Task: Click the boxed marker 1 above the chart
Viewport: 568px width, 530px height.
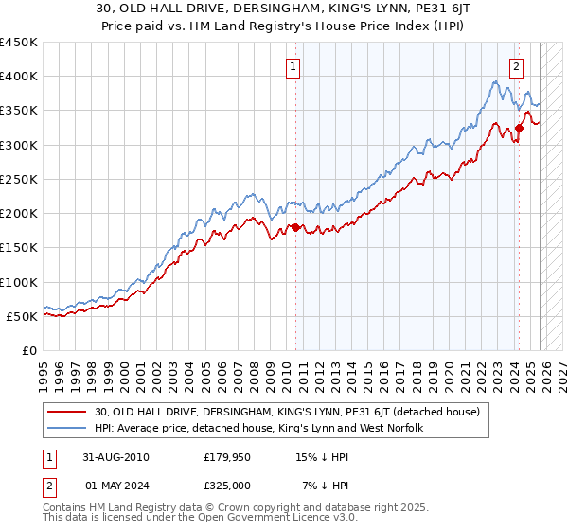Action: [x=293, y=67]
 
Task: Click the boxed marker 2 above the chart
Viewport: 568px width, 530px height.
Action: [x=517, y=67]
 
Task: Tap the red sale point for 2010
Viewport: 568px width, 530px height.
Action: [x=295, y=227]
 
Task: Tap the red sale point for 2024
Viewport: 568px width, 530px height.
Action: [x=520, y=129]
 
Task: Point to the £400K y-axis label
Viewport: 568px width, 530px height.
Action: [x=18, y=77]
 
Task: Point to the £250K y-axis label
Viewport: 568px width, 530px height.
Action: [x=18, y=179]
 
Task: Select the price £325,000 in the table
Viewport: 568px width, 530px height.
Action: [x=227, y=486]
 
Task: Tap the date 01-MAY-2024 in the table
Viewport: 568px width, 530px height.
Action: [x=115, y=486]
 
